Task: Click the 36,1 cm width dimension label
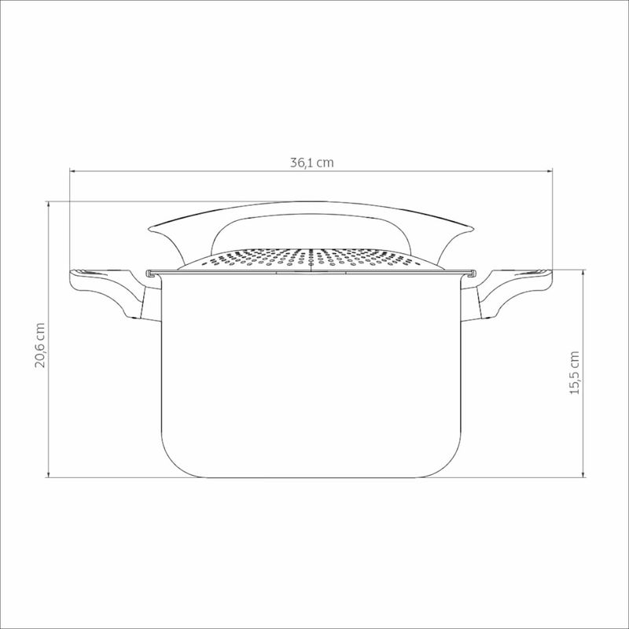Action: tap(311, 163)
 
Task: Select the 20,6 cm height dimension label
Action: tap(40, 345)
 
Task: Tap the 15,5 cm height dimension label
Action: tap(575, 373)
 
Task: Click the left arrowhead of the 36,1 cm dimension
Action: tap(72, 171)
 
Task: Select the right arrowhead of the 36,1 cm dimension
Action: tap(550, 171)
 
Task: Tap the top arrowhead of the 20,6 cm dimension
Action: tap(49, 204)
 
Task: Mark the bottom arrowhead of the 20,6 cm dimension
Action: tap(49, 474)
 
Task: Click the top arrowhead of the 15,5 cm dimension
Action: tap(583, 272)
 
